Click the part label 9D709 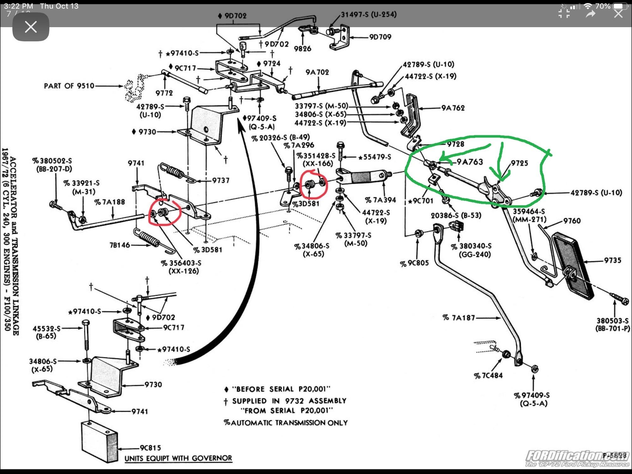coord(380,37)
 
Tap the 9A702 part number coord(317,72)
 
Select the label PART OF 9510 coord(69,86)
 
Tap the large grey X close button coord(31,27)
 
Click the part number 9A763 coord(470,162)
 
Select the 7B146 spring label coord(119,245)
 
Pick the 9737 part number coord(221,180)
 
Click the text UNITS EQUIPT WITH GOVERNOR coord(178,458)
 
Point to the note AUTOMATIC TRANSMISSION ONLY coord(286,423)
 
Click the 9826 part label coord(302,49)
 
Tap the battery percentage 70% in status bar coord(603,6)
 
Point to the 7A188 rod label coord(110,202)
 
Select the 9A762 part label coord(453,108)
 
